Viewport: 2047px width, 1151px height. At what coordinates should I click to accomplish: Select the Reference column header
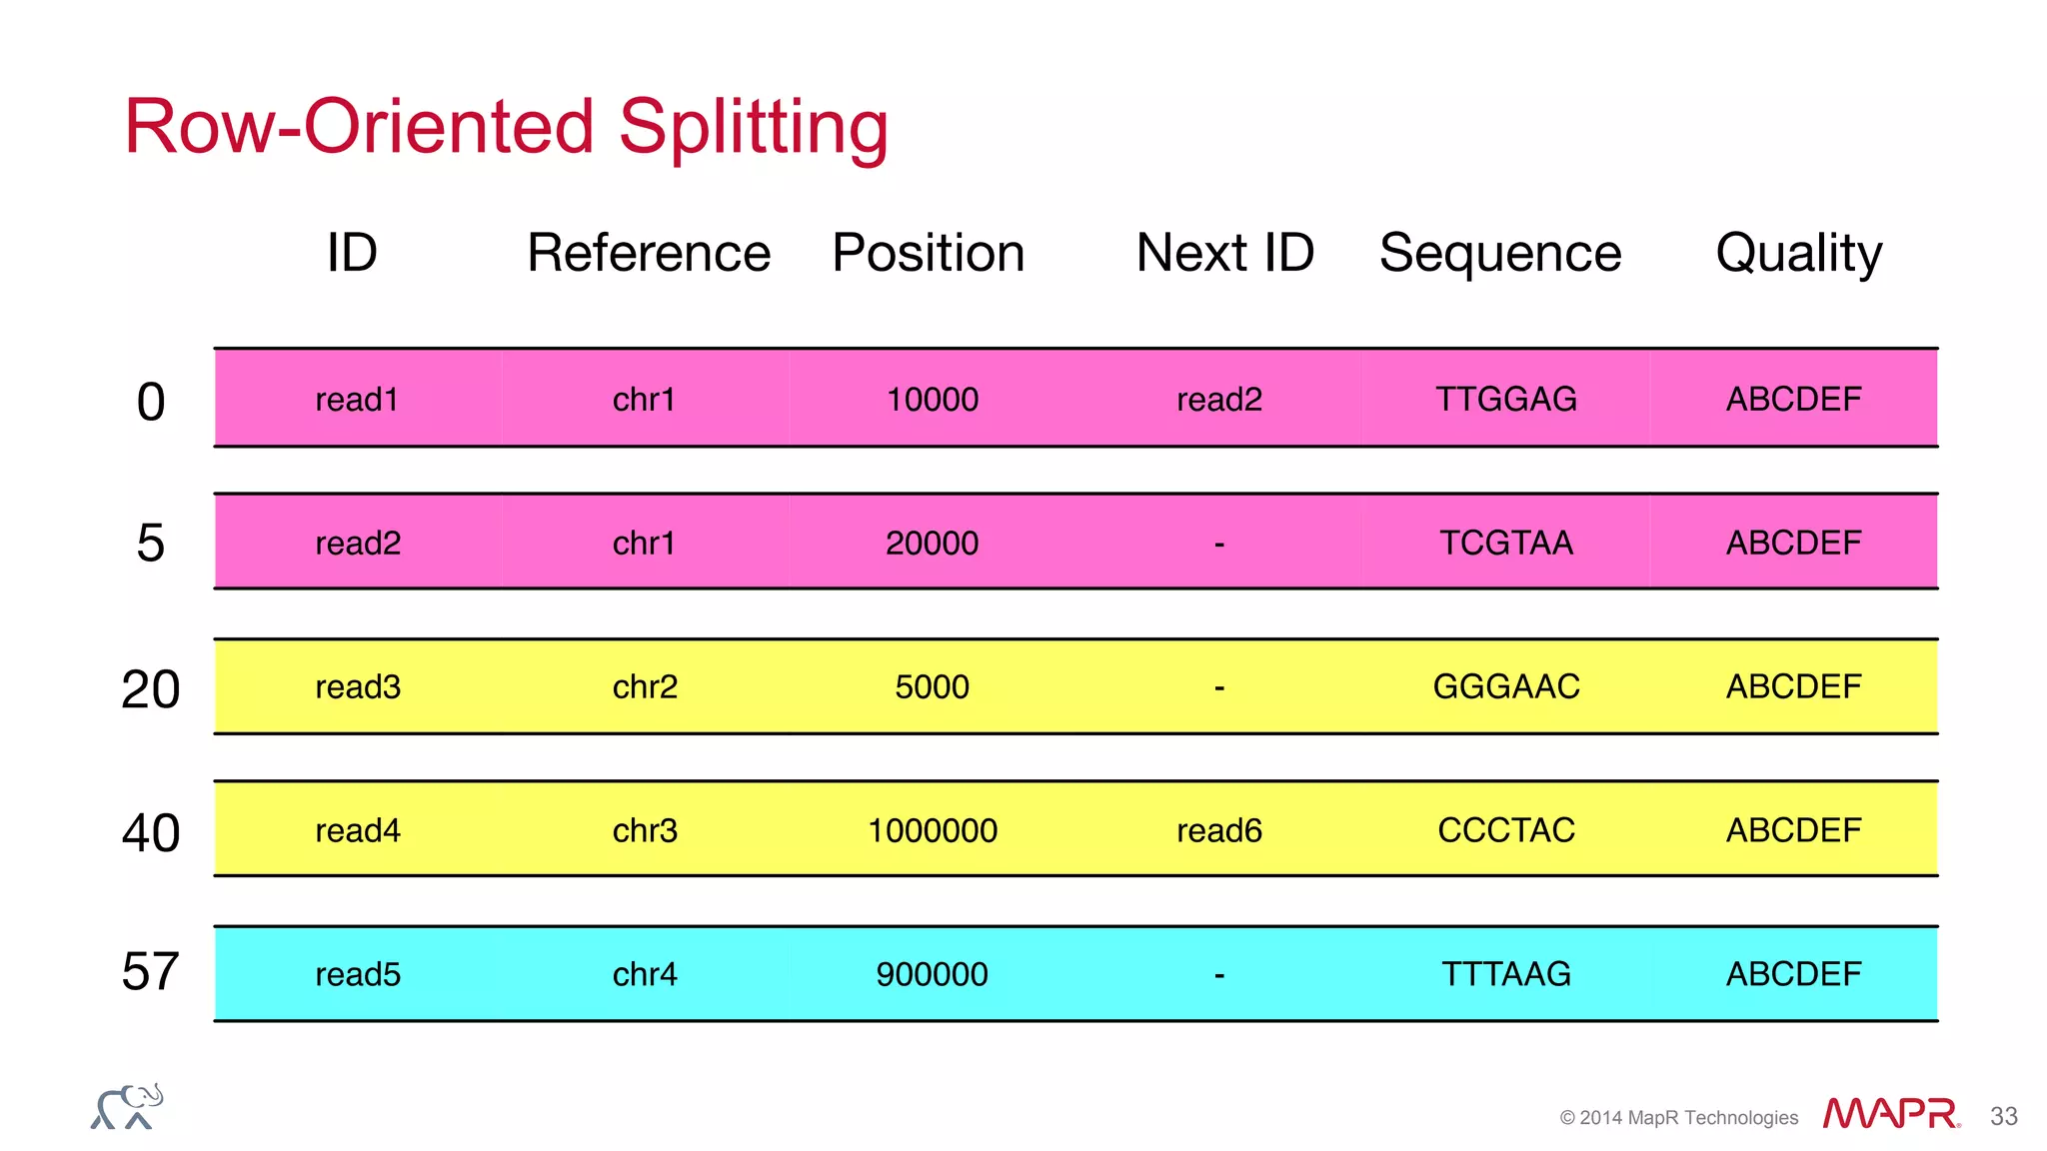point(649,253)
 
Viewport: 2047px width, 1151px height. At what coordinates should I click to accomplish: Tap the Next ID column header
point(1224,253)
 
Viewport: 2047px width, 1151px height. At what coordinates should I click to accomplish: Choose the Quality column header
point(1798,253)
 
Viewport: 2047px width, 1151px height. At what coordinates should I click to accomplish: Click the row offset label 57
point(150,972)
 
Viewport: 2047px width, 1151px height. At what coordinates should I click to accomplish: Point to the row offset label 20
point(150,689)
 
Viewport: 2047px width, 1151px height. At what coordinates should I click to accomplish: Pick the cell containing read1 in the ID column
point(357,400)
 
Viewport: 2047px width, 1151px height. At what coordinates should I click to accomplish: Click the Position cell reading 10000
point(932,400)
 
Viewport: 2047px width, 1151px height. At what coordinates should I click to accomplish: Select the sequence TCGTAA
point(1505,544)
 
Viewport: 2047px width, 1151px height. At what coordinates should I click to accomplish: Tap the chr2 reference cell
point(645,687)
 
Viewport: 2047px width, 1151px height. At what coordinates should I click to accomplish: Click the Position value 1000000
point(932,830)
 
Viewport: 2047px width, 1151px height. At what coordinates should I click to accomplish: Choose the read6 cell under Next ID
point(1218,830)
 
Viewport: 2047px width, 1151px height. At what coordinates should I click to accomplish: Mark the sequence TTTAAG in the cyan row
point(1505,974)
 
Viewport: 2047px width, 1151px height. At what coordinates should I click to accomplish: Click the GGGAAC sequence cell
point(1505,687)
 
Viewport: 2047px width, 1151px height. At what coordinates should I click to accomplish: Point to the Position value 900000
point(932,974)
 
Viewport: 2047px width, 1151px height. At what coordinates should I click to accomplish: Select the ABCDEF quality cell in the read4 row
point(1793,830)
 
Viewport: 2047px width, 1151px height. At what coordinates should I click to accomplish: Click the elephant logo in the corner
point(127,1107)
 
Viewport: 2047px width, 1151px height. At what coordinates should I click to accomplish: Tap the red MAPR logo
point(1889,1113)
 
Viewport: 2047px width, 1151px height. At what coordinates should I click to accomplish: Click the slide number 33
point(2003,1117)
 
